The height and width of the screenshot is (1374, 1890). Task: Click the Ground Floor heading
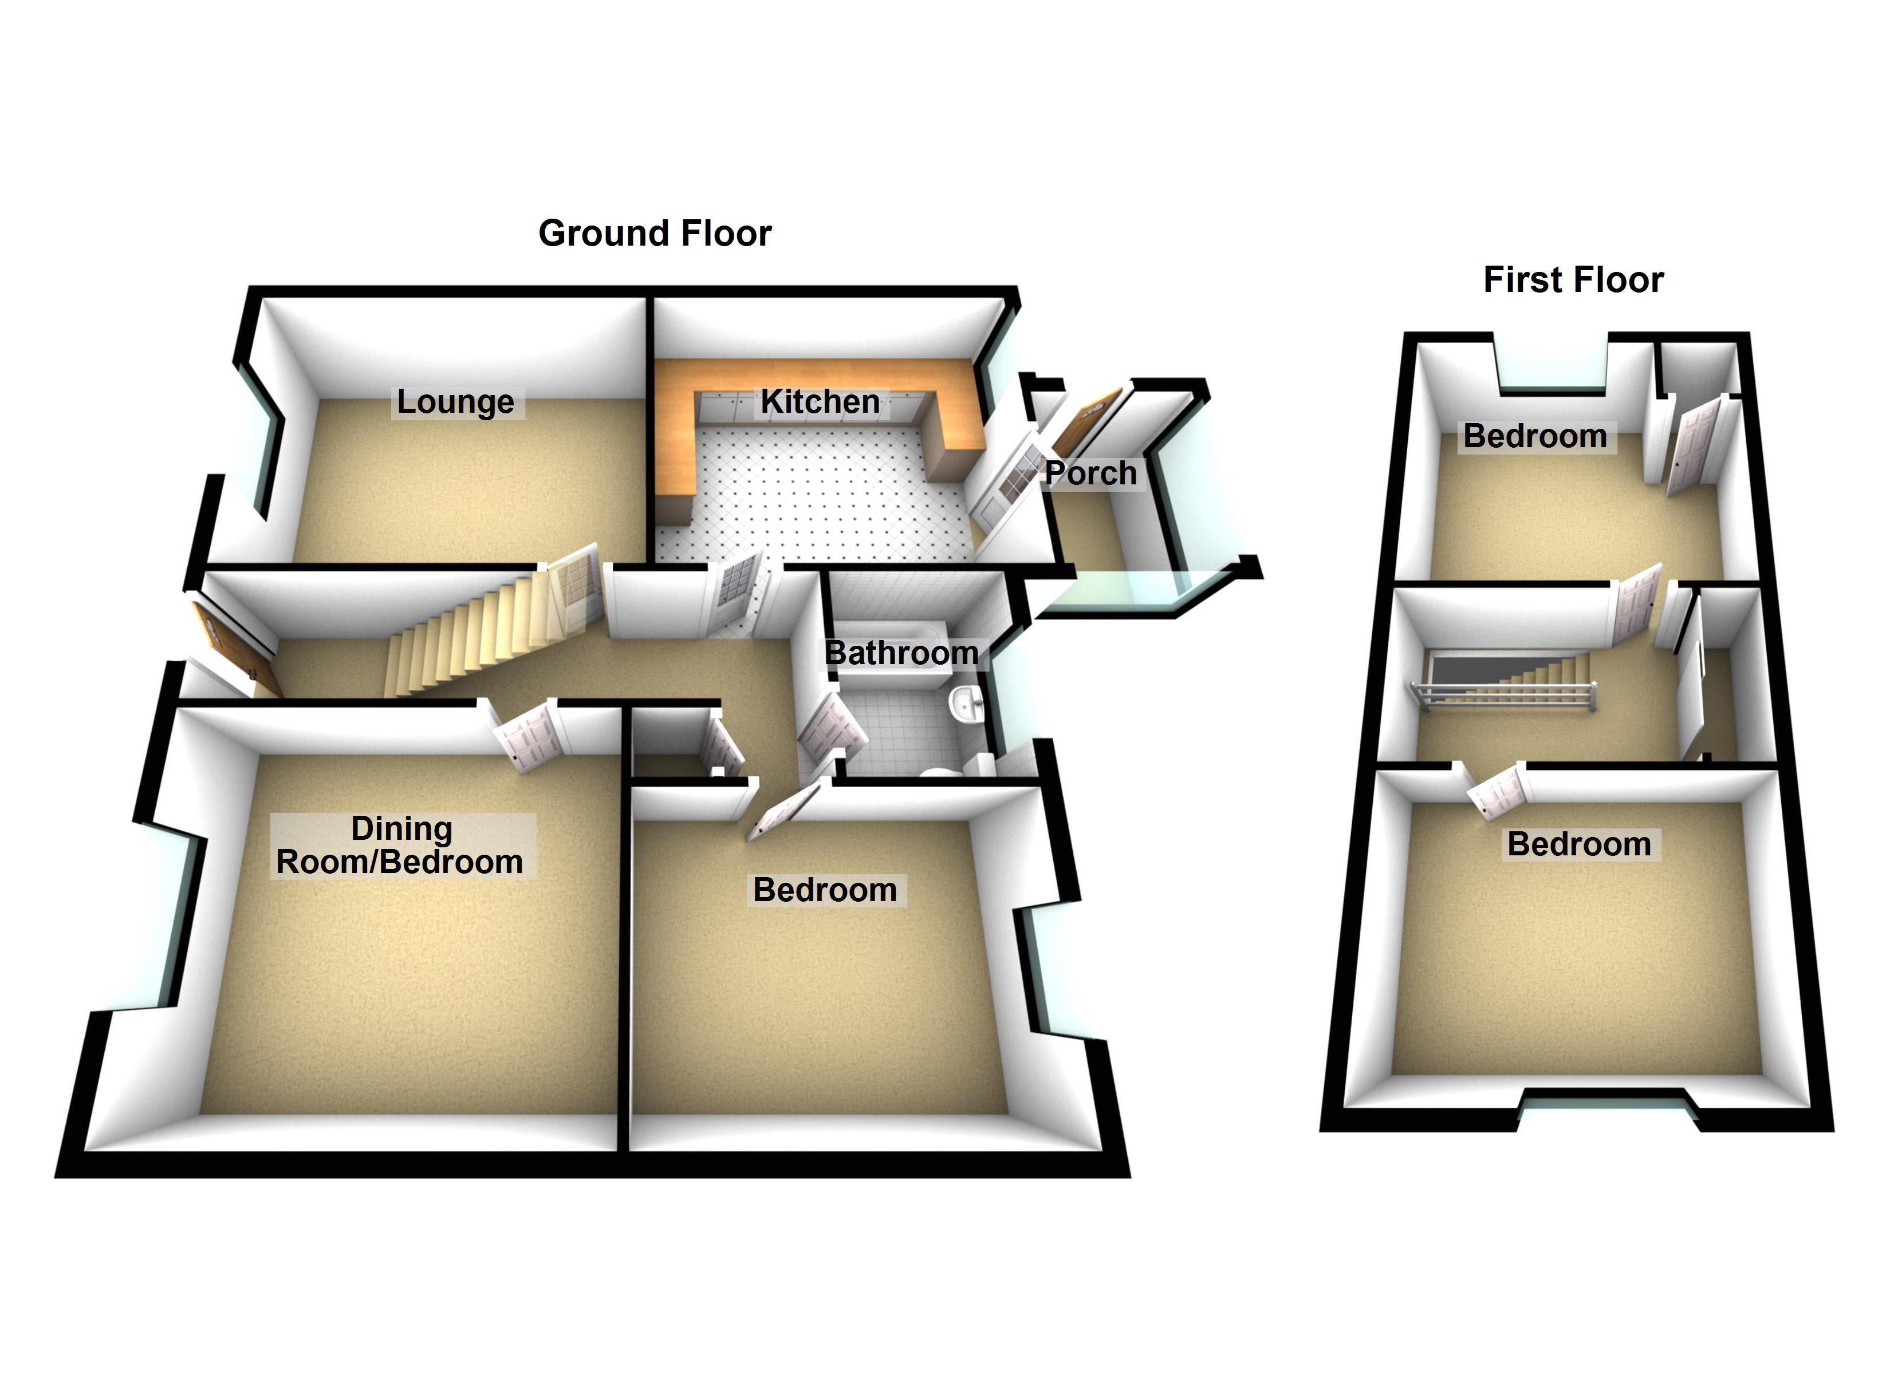[x=655, y=234]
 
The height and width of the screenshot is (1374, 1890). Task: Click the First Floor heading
[x=1573, y=280]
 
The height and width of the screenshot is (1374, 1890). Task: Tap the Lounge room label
[x=455, y=402]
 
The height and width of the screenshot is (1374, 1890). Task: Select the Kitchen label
[x=820, y=402]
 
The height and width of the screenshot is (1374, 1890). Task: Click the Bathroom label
[x=901, y=653]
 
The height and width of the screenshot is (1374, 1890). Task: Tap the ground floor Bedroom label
[x=825, y=890]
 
